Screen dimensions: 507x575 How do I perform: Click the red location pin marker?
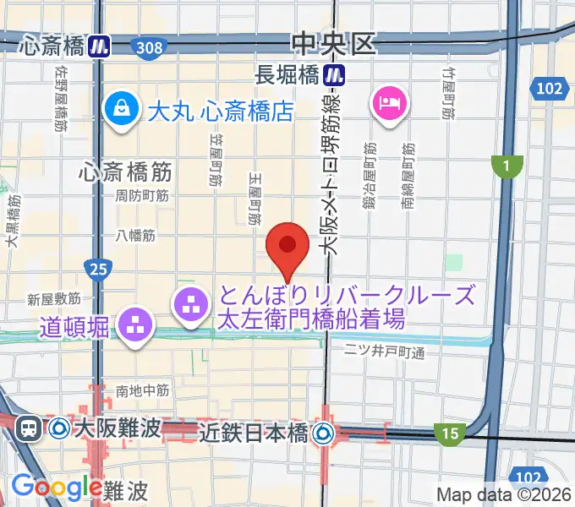click(287, 246)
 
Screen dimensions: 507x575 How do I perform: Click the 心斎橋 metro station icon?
click(101, 46)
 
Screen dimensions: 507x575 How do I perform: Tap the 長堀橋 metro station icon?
click(337, 74)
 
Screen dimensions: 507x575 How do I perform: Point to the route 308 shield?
click(149, 47)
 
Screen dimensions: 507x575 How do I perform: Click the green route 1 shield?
click(507, 167)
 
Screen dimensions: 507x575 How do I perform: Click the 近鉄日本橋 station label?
click(253, 433)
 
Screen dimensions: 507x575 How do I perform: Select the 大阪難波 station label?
click(116, 428)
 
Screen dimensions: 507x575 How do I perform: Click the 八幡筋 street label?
click(135, 236)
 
